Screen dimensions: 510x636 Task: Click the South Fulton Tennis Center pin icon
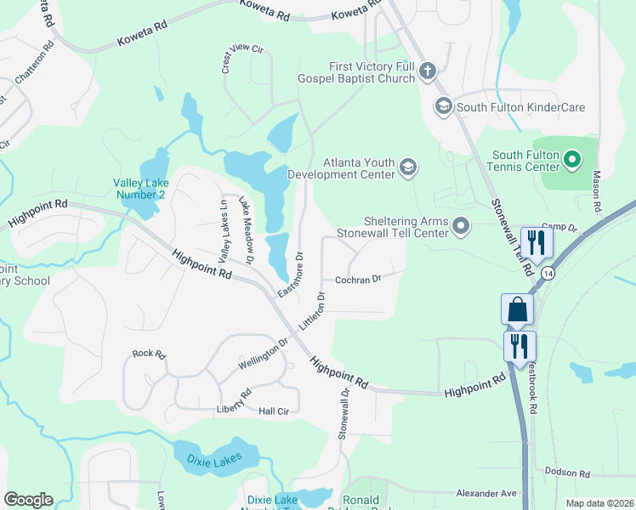tap(572, 159)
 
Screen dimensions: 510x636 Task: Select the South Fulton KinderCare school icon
tap(443, 107)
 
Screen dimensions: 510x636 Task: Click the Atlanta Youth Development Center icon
tap(408, 167)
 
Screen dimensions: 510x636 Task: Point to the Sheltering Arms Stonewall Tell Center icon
tap(461, 226)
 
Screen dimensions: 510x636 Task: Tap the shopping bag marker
tap(517, 310)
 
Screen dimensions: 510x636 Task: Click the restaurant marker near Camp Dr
tap(537, 242)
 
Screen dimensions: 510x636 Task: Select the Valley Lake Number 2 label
tap(139, 189)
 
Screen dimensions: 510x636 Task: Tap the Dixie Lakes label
tap(213, 459)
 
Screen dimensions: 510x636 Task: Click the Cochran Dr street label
tap(357, 279)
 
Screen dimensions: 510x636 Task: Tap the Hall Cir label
tap(274, 411)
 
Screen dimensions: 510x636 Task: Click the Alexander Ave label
tap(486, 493)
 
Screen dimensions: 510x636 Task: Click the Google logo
tap(28, 500)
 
